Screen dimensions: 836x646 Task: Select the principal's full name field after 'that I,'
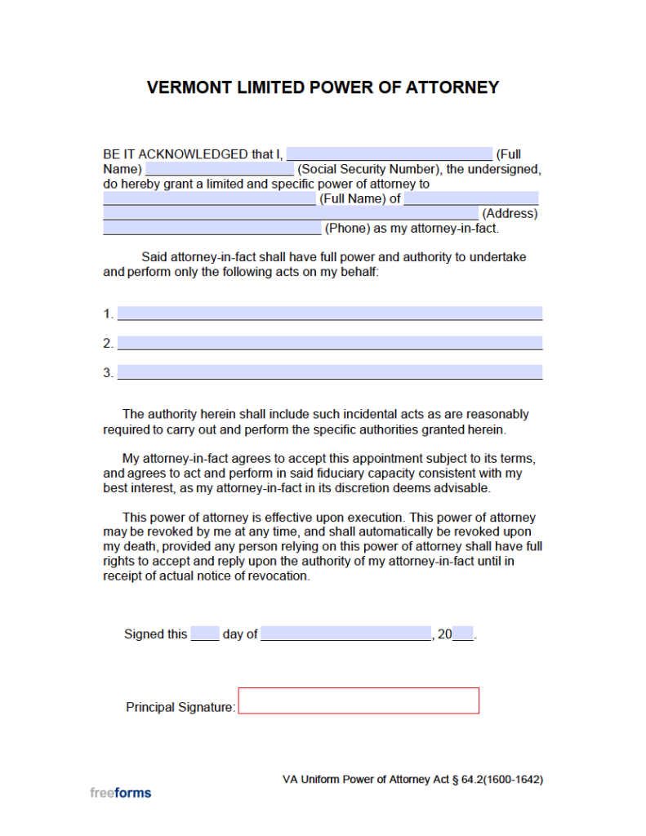390,154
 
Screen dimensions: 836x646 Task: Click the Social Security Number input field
219,169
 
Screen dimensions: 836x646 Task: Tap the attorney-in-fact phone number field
212,229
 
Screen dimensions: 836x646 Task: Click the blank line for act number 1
329,313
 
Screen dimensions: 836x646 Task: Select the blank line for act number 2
329,343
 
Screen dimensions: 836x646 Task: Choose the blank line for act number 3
329,372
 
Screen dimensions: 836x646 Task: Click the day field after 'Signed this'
205,634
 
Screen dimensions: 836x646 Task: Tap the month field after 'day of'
345,634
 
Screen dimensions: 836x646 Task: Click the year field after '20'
463,634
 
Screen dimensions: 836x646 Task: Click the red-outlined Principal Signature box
359,700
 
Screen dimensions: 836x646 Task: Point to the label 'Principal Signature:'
180,708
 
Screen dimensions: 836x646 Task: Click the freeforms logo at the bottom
120,792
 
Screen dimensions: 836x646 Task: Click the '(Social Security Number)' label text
368,170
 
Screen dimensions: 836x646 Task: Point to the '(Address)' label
510,214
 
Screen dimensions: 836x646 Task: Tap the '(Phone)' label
347,229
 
